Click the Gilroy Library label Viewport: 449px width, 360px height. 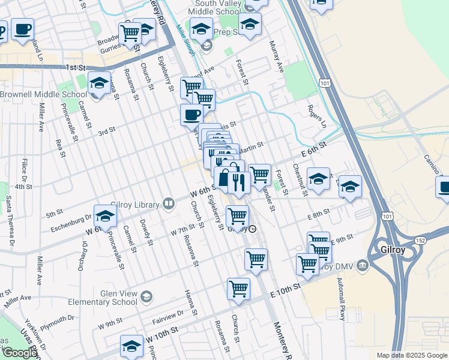tap(136, 205)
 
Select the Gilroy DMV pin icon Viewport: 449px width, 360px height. tap(362, 265)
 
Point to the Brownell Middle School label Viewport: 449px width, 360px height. tap(43, 94)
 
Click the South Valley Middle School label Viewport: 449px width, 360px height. tap(215, 7)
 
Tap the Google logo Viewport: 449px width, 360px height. tap(20, 353)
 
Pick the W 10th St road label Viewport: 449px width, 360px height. tap(161, 335)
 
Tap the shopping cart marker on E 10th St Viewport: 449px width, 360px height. tap(238, 289)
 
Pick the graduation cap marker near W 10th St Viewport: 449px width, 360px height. tap(131, 346)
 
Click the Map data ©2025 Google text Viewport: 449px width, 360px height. tap(411, 355)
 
